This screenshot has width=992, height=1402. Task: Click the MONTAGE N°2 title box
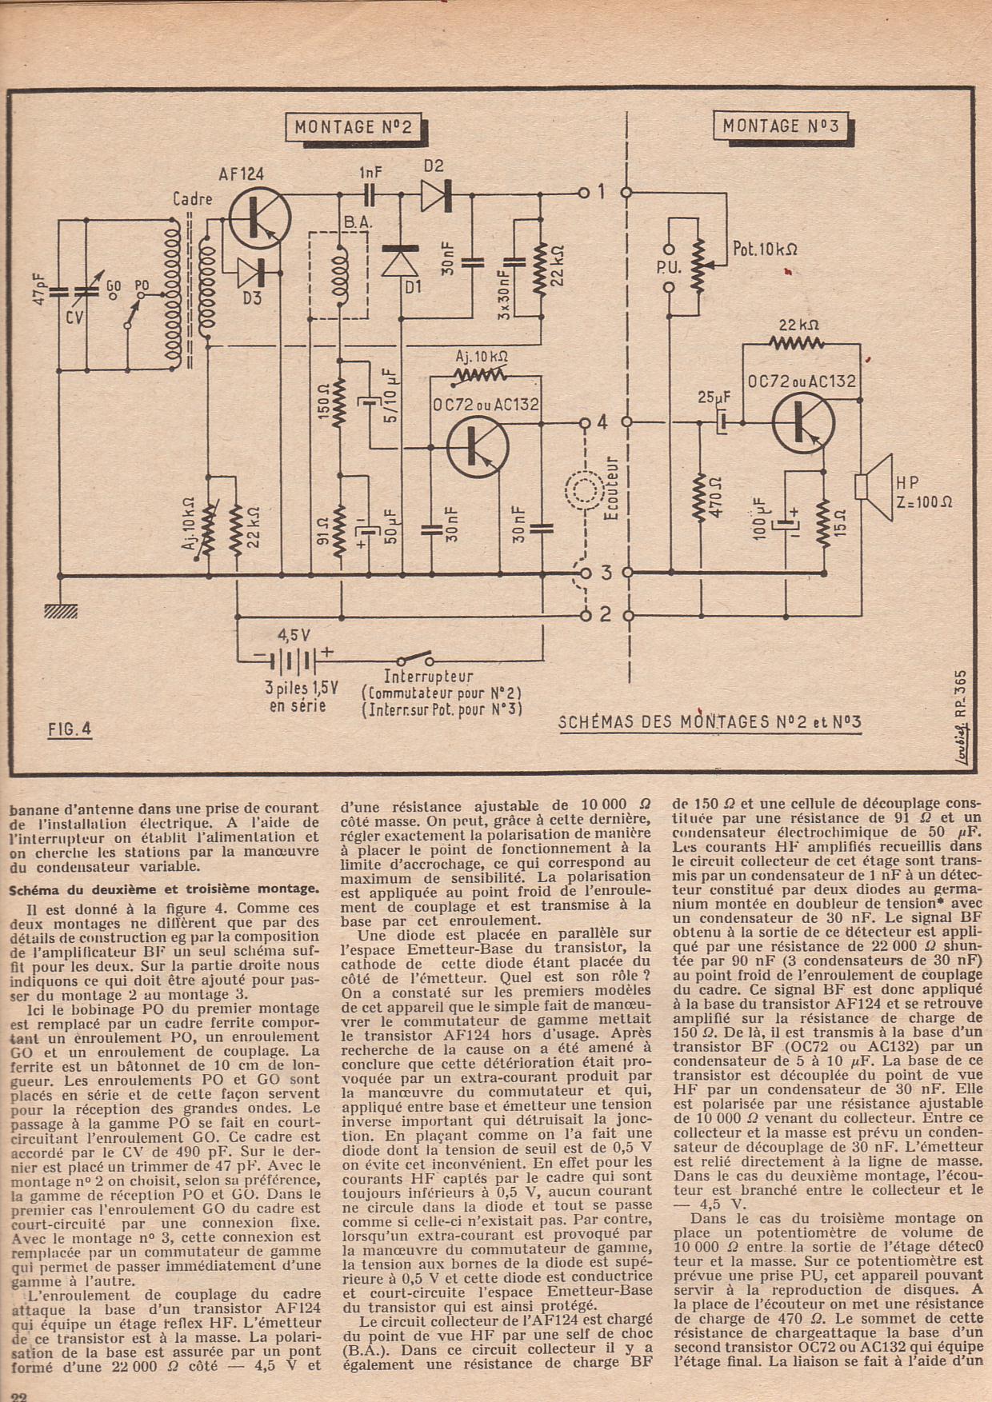click(x=353, y=127)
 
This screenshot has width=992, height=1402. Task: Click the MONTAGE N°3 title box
click(x=781, y=126)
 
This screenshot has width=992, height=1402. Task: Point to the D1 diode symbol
click(x=401, y=261)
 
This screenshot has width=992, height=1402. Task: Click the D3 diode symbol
click(x=252, y=274)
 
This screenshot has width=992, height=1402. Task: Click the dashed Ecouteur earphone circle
click(x=586, y=489)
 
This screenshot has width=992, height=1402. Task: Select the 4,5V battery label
click(x=294, y=635)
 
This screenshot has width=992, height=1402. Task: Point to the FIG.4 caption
click(x=70, y=729)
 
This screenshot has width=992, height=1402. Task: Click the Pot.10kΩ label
click(x=765, y=249)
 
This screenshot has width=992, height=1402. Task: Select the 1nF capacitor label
click(x=370, y=172)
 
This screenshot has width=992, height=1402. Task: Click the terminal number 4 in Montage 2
click(x=602, y=421)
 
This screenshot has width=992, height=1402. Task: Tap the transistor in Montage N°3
click(x=803, y=421)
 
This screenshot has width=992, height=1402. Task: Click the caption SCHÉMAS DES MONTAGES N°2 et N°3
click(x=709, y=722)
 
